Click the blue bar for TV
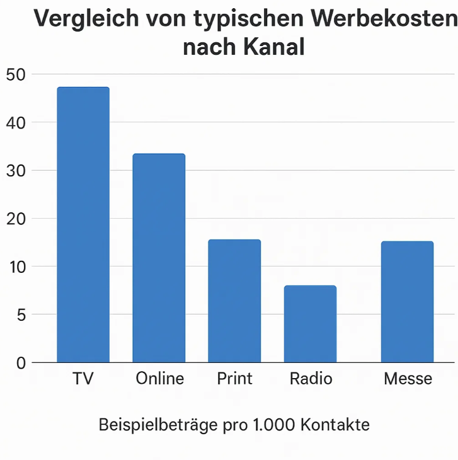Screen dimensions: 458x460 click(83, 225)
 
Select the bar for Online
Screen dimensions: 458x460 click(159, 258)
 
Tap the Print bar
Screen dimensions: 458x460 click(234, 301)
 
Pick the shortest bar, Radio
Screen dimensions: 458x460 click(310, 324)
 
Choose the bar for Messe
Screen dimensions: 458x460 click(407, 302)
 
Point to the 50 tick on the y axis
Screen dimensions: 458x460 click(16, 75)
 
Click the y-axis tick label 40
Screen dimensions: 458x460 click(16, 123)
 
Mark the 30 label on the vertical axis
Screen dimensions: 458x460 click(16, 171)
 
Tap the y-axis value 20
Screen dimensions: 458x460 click(16, 219)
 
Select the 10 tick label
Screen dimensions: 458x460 click(17, 267)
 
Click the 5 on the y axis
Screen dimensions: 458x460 click(21, 315)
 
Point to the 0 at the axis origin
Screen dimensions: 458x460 click(21, 364)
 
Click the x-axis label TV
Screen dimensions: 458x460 click(83, 379)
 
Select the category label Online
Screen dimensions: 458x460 click(160, 378)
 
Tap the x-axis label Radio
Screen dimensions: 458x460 click(311, 378)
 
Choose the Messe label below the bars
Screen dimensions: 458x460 click(408, 379)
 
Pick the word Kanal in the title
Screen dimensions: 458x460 click(274, 47)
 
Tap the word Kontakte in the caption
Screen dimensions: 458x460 click(335, 425)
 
